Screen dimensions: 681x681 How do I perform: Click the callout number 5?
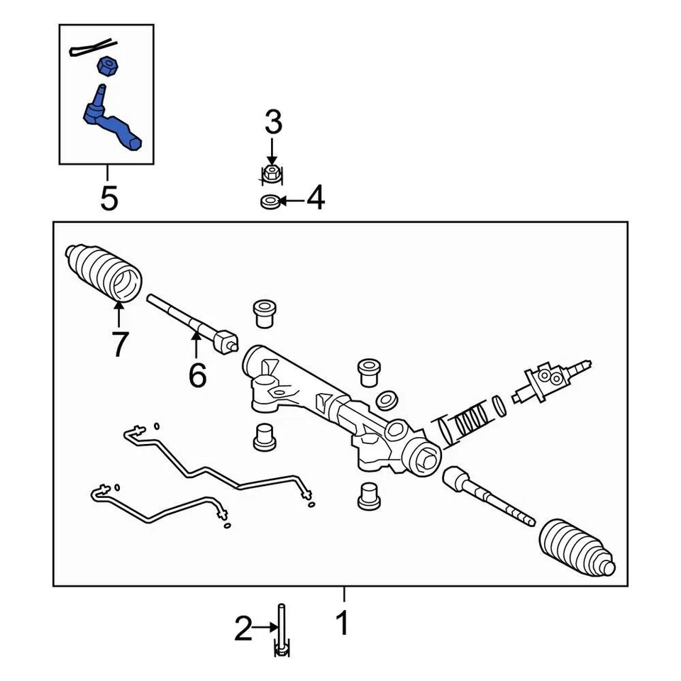[109, 199]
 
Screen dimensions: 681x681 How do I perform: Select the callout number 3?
[273, 123]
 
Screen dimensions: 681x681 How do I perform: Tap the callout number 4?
[315, 199]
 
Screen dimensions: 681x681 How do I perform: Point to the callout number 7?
[118, 344]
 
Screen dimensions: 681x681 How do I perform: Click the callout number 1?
[343, 624]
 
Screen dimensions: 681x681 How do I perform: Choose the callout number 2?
[243, 629]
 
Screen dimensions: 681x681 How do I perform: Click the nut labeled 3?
[270, 172]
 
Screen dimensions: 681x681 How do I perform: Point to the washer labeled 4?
[269, 202]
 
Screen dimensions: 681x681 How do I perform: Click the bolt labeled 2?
[282, 628]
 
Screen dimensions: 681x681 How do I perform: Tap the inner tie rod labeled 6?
[192, 323]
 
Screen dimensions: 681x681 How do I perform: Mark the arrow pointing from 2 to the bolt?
[267, 627]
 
